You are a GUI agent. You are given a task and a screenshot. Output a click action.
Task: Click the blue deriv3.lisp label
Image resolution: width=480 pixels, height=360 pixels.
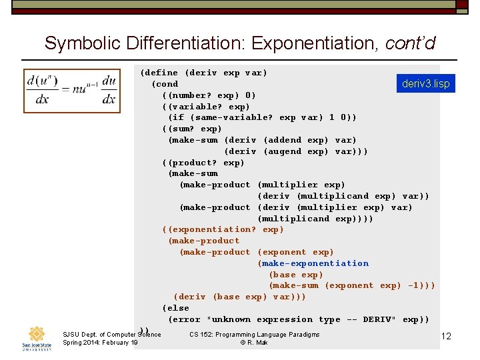coord(425,84)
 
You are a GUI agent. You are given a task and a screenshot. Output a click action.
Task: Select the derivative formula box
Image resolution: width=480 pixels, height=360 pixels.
coord(71,91)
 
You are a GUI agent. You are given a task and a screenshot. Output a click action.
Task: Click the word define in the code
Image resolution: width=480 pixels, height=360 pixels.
coord(162,73)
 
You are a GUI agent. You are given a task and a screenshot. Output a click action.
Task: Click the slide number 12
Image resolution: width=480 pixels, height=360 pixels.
coord(446,336)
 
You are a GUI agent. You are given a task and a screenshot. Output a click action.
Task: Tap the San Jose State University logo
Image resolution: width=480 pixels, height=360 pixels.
coord(37,337)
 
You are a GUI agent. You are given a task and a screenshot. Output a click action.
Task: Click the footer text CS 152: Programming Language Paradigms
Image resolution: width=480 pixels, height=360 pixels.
coord(254,334)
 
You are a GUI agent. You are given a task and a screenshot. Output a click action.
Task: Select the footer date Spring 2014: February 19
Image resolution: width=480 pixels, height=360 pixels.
coord(100,343)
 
